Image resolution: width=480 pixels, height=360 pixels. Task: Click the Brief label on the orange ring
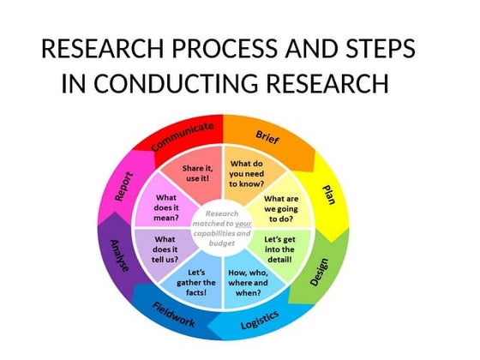[x=267, y=136]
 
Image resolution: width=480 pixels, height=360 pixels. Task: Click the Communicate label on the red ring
[x=182, y=137]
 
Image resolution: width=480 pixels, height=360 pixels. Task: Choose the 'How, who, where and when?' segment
[x=248, y=281]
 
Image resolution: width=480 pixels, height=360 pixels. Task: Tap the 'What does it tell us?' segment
[x=165, y=249]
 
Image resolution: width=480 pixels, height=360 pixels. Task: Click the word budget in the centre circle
[x=222, y=243]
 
